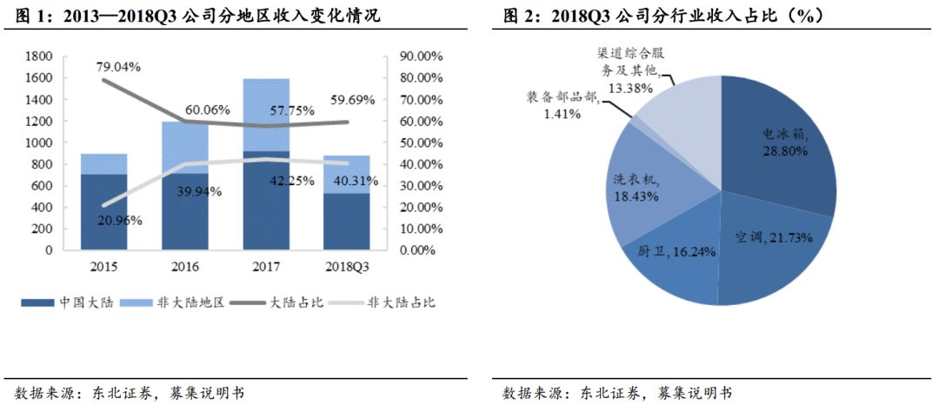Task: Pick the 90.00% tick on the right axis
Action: [x=421, y=56]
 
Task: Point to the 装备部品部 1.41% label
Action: [x=563, y=105]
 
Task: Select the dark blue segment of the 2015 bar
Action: [x=103, y=212]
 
